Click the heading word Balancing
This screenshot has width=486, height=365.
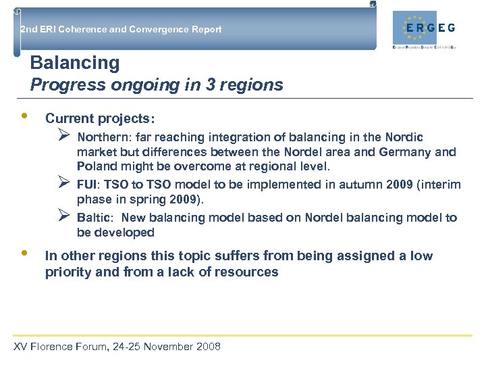[75, 64]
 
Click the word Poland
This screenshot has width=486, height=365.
[96, 166]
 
